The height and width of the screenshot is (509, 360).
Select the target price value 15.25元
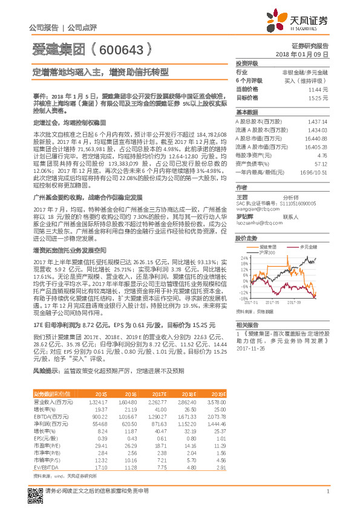tap(318, 97)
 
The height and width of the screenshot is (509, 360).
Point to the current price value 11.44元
tap(318, 88)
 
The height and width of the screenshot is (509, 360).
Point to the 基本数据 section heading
tap(246, 112)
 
